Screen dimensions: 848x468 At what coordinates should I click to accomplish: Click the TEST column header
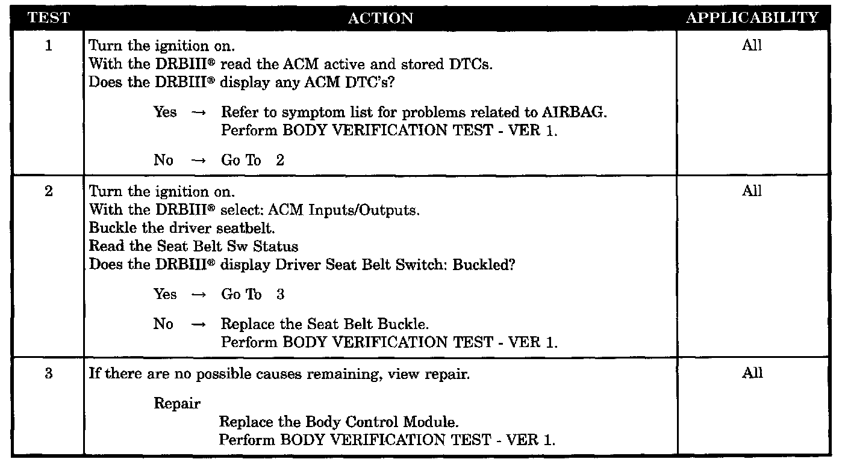49,18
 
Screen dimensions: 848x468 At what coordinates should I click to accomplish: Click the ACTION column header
381,18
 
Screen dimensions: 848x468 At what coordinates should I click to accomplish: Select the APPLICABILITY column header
752,18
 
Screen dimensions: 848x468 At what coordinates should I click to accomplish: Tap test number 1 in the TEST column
49,46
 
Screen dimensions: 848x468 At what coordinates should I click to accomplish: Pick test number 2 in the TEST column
49,191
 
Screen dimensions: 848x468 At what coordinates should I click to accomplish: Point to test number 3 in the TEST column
49,374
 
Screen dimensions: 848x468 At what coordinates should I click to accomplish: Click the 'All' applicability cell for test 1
752,46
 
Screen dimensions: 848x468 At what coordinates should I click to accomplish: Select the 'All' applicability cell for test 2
752,191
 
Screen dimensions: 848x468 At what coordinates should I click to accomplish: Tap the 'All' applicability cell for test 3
752,374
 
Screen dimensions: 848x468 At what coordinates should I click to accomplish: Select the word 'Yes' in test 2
165,295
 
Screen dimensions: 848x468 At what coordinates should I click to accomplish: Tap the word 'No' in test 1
163,160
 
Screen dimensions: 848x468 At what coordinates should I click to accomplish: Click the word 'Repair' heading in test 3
177,404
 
